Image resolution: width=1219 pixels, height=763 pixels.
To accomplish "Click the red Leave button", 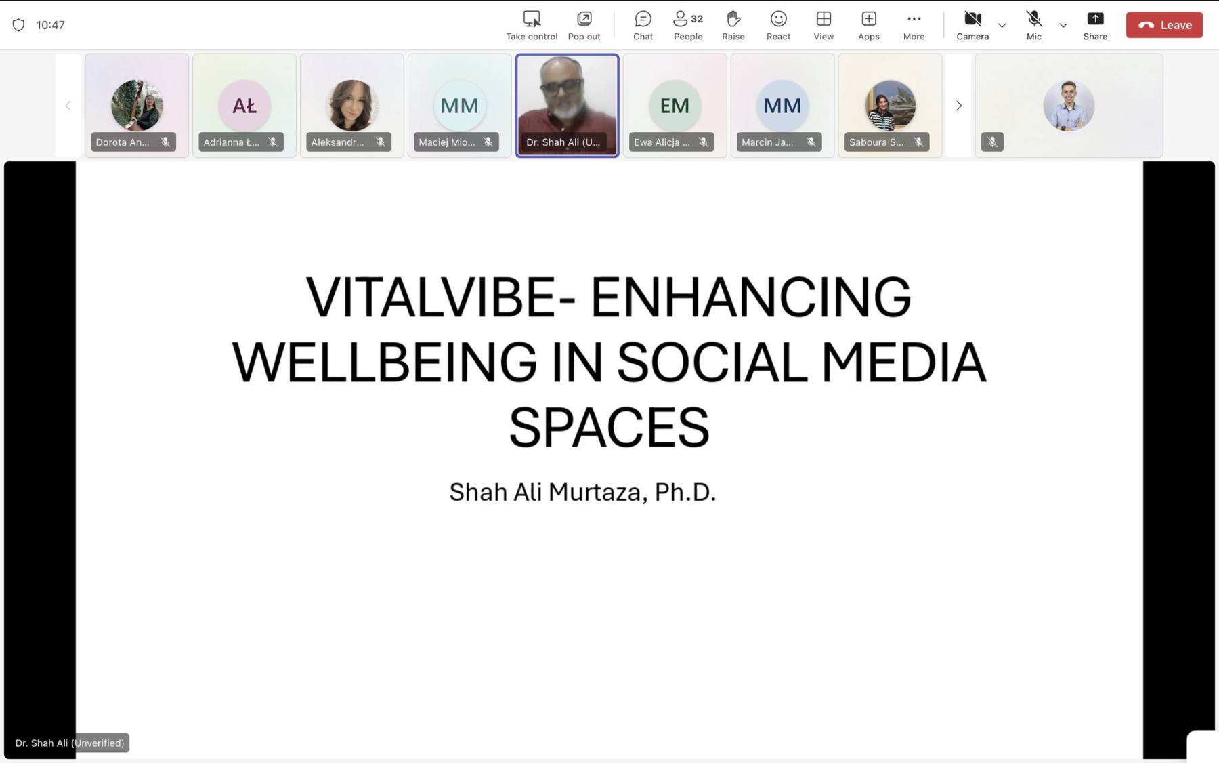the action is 1164,25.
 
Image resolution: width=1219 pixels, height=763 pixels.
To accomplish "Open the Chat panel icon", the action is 643,19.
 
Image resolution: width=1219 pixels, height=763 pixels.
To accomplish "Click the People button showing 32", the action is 688,25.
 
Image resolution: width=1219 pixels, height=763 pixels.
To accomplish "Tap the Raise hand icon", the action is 733,19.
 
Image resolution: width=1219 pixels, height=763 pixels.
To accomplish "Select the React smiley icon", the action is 778,19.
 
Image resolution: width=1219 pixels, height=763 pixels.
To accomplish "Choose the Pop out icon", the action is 584,19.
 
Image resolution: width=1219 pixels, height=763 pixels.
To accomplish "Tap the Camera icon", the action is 972,19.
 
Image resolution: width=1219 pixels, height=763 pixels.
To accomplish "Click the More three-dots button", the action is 914,19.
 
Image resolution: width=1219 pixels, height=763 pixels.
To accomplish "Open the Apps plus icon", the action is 869,19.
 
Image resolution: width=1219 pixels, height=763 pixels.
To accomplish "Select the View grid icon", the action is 824,19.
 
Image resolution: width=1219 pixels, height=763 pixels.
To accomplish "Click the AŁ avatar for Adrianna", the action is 244,106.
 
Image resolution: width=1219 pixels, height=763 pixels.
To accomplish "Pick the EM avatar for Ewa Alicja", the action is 675,106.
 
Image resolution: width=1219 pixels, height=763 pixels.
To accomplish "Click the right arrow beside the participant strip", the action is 958,106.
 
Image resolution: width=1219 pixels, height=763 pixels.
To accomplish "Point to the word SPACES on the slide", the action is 609,427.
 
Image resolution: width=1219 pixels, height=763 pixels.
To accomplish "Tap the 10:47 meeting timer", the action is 50,25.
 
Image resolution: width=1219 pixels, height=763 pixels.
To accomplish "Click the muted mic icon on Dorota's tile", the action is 165,142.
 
